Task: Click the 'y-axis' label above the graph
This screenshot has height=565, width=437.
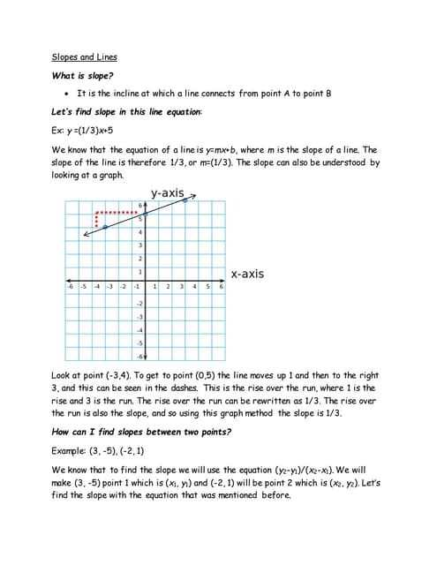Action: coord(167,192)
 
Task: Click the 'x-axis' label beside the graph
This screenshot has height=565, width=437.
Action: coord(247,274)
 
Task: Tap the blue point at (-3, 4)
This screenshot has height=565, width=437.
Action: coord(105,227)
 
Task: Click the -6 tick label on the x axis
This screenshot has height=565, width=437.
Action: coord(69,287)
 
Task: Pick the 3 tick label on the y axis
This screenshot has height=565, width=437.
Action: coord(139,245)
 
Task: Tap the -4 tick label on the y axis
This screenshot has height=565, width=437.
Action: coord(139,330)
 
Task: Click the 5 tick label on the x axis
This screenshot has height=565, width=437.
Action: coord(208,287)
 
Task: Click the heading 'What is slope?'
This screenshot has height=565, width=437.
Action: coord(82,76)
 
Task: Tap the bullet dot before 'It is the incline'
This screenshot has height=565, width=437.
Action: coord(67,94)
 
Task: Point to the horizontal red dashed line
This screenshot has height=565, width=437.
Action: coord(118,213)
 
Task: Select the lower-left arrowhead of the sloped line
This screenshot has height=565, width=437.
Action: coord(85,235)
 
